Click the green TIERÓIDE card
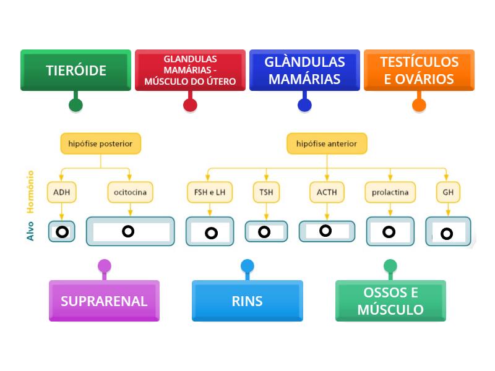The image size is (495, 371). coord(75,70)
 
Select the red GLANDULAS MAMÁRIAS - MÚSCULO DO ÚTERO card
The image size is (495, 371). coord(190,70)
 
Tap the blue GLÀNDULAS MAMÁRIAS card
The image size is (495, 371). coord(304,70)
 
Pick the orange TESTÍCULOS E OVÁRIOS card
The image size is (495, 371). coord(419,70)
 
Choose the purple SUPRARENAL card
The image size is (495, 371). coord(104,301)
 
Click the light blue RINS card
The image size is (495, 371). coord(247,301)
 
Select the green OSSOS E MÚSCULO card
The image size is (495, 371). coord(390,301)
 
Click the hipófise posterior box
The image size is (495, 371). coord(100,143)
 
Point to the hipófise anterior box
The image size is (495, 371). coord(327,143)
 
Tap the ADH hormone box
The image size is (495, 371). coord(62,192)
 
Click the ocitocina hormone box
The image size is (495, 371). coord(130,192)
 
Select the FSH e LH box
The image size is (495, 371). coord(210,192)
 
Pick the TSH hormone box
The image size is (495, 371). coord(266,192)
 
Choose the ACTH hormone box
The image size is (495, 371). coord(327,192)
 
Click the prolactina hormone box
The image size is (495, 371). coord(390,192)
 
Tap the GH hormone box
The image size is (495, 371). coord(448,192)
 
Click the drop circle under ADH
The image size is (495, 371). coord(62,232)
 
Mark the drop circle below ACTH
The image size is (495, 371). coord(325,231)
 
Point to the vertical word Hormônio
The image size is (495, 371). coord(30,192)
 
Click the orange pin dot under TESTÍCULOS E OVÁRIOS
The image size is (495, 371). coord(419,105)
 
